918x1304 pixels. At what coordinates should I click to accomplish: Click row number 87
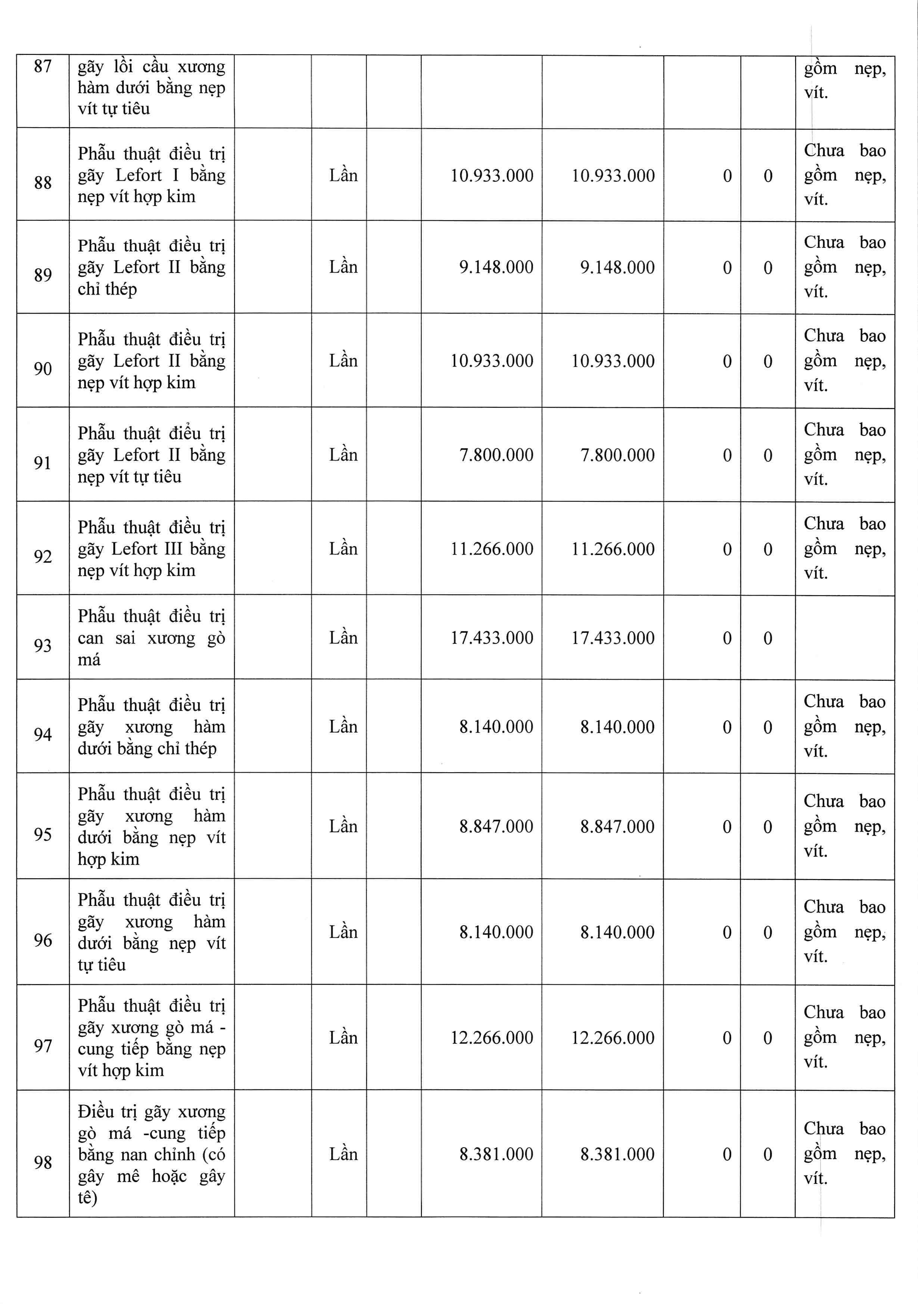point(43,67)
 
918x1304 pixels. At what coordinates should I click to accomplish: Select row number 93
point(43,646)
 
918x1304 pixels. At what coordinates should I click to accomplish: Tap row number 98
point(43,1162)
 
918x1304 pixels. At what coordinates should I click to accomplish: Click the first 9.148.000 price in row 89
point(496,267)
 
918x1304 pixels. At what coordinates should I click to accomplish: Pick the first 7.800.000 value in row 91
point(496,455)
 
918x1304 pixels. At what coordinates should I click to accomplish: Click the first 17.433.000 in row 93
point(492,638)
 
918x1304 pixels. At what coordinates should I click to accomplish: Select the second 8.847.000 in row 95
point(617,826)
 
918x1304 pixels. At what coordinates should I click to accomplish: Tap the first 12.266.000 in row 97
point(492,1038)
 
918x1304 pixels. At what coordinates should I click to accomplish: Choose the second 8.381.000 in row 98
point(617,1154)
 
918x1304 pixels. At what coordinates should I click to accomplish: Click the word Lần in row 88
point(343,176)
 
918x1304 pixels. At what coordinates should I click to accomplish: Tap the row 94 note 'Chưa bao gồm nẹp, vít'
point(844,726)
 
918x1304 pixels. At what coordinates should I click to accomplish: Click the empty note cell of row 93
point(844,637)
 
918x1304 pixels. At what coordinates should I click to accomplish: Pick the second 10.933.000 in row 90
point(613,361)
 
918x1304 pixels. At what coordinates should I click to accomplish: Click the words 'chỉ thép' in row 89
point(107,289)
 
